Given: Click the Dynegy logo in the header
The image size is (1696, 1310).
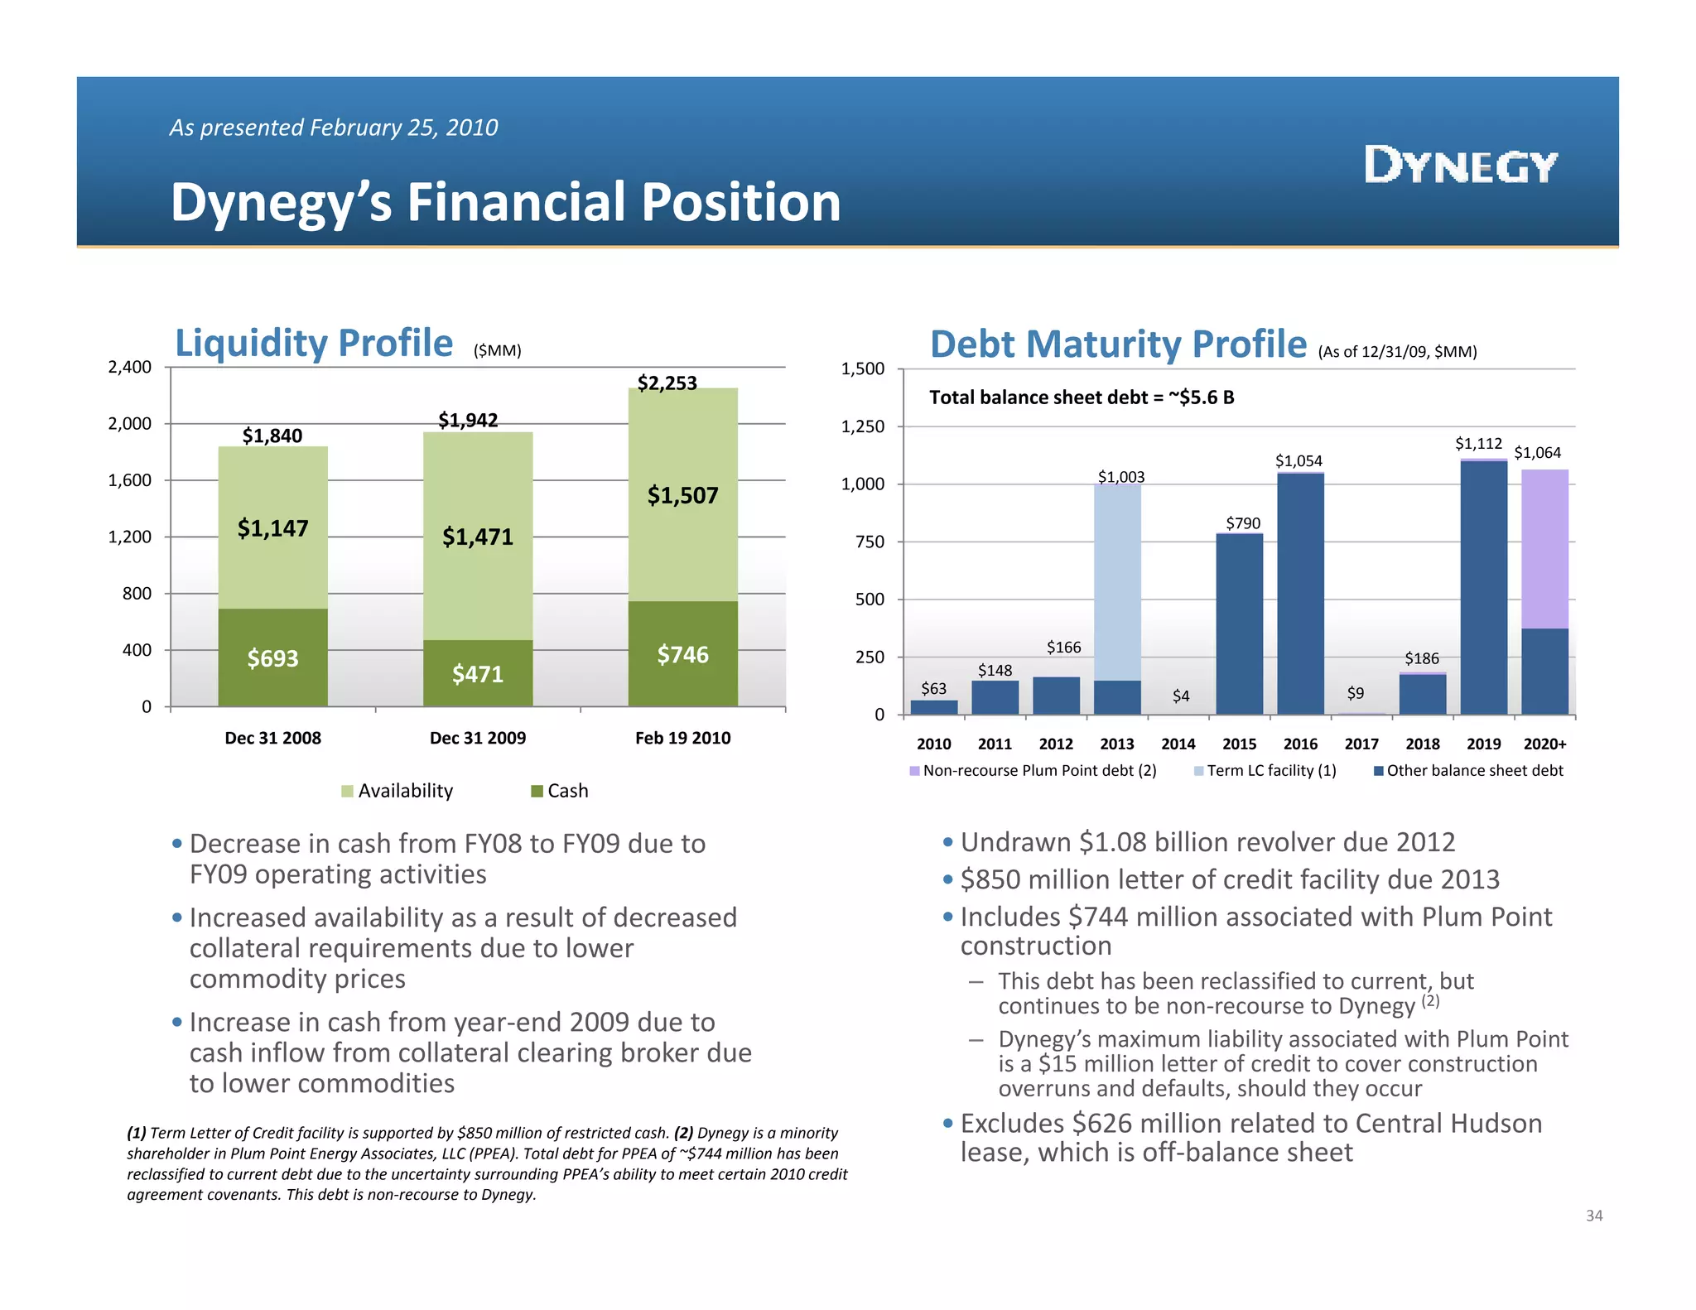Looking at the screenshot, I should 1461,166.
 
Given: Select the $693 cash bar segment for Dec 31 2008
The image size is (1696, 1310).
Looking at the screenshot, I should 272,658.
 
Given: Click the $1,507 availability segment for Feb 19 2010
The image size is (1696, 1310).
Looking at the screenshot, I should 682,495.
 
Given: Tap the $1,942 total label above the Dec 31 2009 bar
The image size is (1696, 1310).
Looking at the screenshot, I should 468,420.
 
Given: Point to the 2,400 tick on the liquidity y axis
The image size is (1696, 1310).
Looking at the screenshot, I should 130,367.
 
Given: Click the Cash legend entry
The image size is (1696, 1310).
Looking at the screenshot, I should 560,791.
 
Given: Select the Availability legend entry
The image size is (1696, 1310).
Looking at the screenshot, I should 397,791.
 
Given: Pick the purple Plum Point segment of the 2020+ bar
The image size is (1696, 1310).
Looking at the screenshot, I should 1544,548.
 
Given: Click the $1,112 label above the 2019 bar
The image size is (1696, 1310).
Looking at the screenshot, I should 1478,444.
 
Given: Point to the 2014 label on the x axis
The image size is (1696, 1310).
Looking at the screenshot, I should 1178,744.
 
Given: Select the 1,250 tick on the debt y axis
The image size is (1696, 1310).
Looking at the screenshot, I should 863,426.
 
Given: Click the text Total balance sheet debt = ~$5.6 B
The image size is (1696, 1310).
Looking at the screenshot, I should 1082,397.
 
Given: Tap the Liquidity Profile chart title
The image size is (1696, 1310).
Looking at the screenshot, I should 314,343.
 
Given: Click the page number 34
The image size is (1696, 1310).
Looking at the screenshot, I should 1593,1216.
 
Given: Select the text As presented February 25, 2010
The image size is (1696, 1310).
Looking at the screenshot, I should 334,128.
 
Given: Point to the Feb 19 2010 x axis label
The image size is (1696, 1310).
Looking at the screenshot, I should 682,738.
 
